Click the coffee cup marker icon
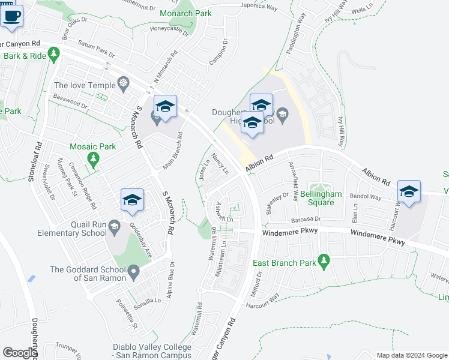point(12,16)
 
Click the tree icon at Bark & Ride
point(54,56)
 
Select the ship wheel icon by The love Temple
point(123,83)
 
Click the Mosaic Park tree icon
point(92,159)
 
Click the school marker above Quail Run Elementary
point(133,200)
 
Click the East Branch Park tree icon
point(324,260)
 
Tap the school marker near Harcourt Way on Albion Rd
point(409,191)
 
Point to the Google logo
point(19,353)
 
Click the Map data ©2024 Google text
point(411,355)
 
